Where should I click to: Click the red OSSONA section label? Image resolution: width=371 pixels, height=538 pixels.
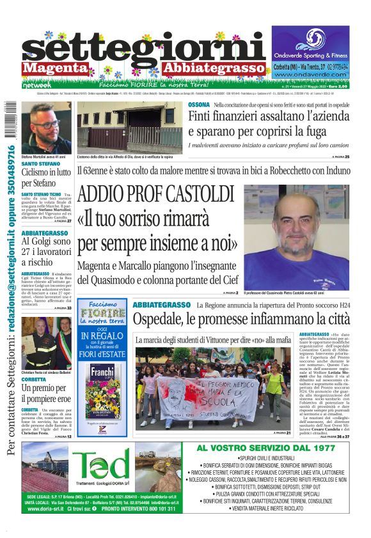click(198, 105)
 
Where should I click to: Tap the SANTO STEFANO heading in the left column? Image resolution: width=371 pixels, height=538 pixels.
click(41, 164)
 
